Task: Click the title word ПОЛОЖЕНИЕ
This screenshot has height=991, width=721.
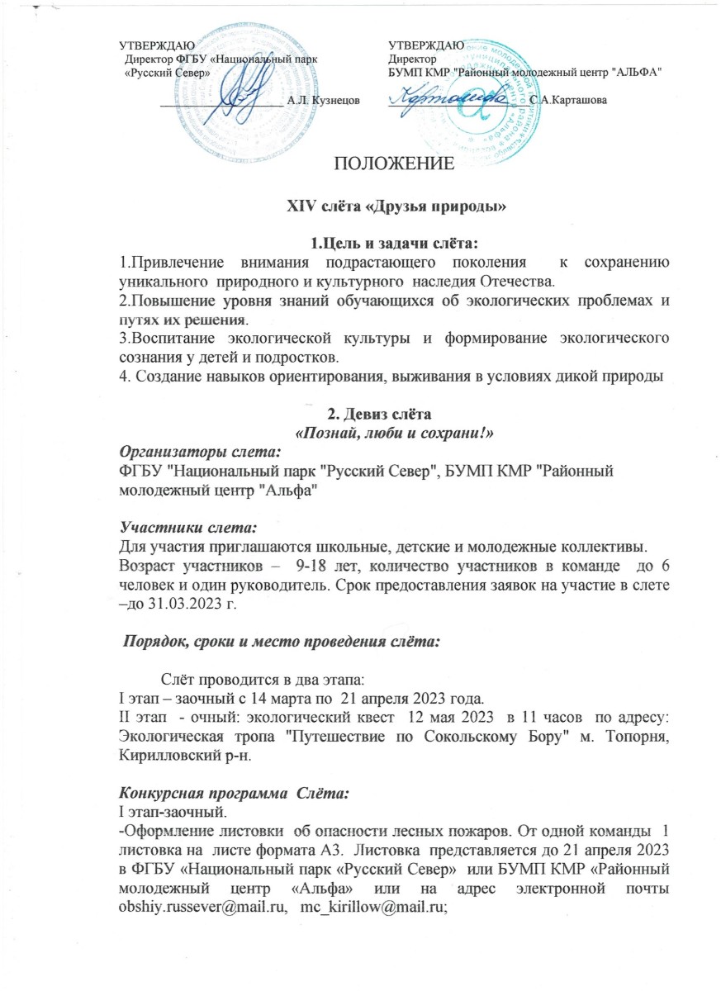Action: (x=392, y=163)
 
